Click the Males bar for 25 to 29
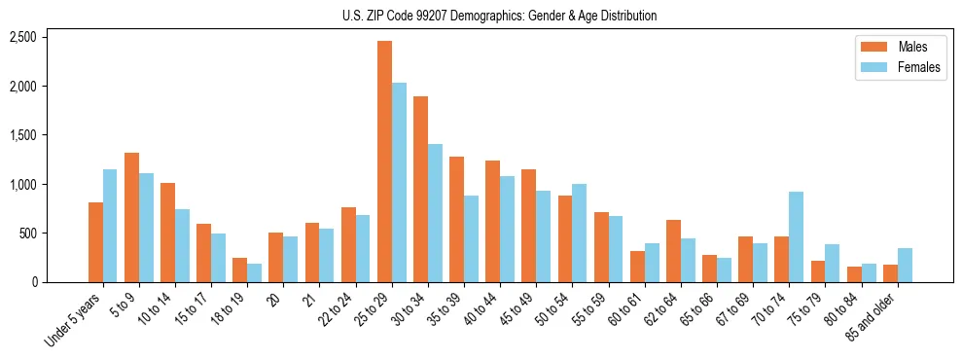(384, 162)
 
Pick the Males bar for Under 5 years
(95, 242)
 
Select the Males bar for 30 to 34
(420, 189)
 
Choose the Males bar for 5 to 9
(131, 217)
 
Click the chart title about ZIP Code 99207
(499, 16)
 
